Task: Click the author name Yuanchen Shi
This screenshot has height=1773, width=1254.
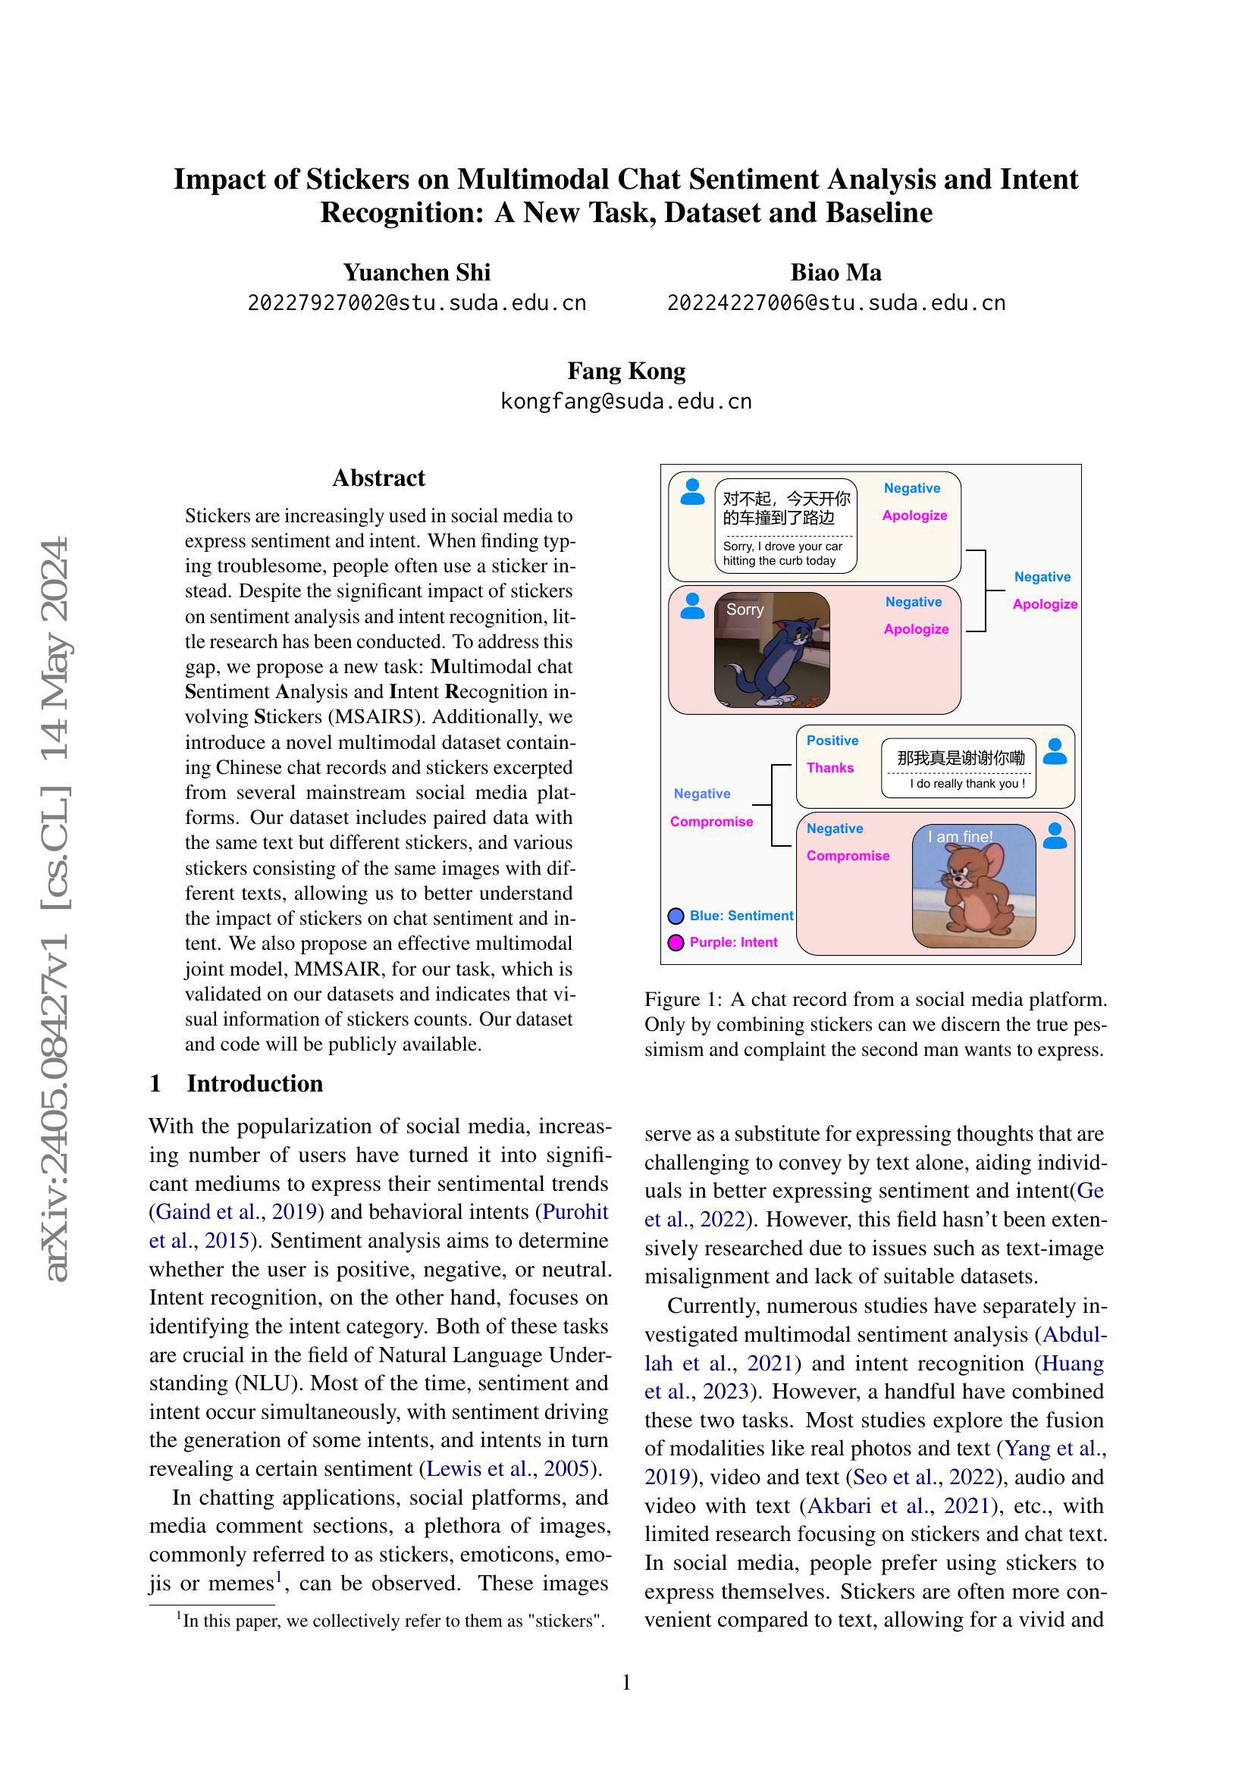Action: click(x=416, y=273)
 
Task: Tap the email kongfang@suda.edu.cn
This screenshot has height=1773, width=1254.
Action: click(x=626, y=402)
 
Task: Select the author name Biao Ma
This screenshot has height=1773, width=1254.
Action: click(x=835, y=273)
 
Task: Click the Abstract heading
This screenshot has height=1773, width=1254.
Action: click(x=378, y=478)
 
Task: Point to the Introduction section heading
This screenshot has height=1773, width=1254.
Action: click(x=254, y=1083)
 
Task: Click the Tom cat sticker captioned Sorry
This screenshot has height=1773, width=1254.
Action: click(x=772, y=650)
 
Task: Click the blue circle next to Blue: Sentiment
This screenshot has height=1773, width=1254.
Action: click(x=676, y=916)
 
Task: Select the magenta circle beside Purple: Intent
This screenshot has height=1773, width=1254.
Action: click(x=676, y=943)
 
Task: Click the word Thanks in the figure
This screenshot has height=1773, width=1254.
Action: click(x=830, y=768)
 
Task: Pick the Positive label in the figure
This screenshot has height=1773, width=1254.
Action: click(x=832, y=741)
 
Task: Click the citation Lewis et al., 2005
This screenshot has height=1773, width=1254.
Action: click(x=509, y=1469)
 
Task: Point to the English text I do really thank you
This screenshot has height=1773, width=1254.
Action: click(x=967, y=784)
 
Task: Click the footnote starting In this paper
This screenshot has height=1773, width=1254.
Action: click(x=391, y=1621)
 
